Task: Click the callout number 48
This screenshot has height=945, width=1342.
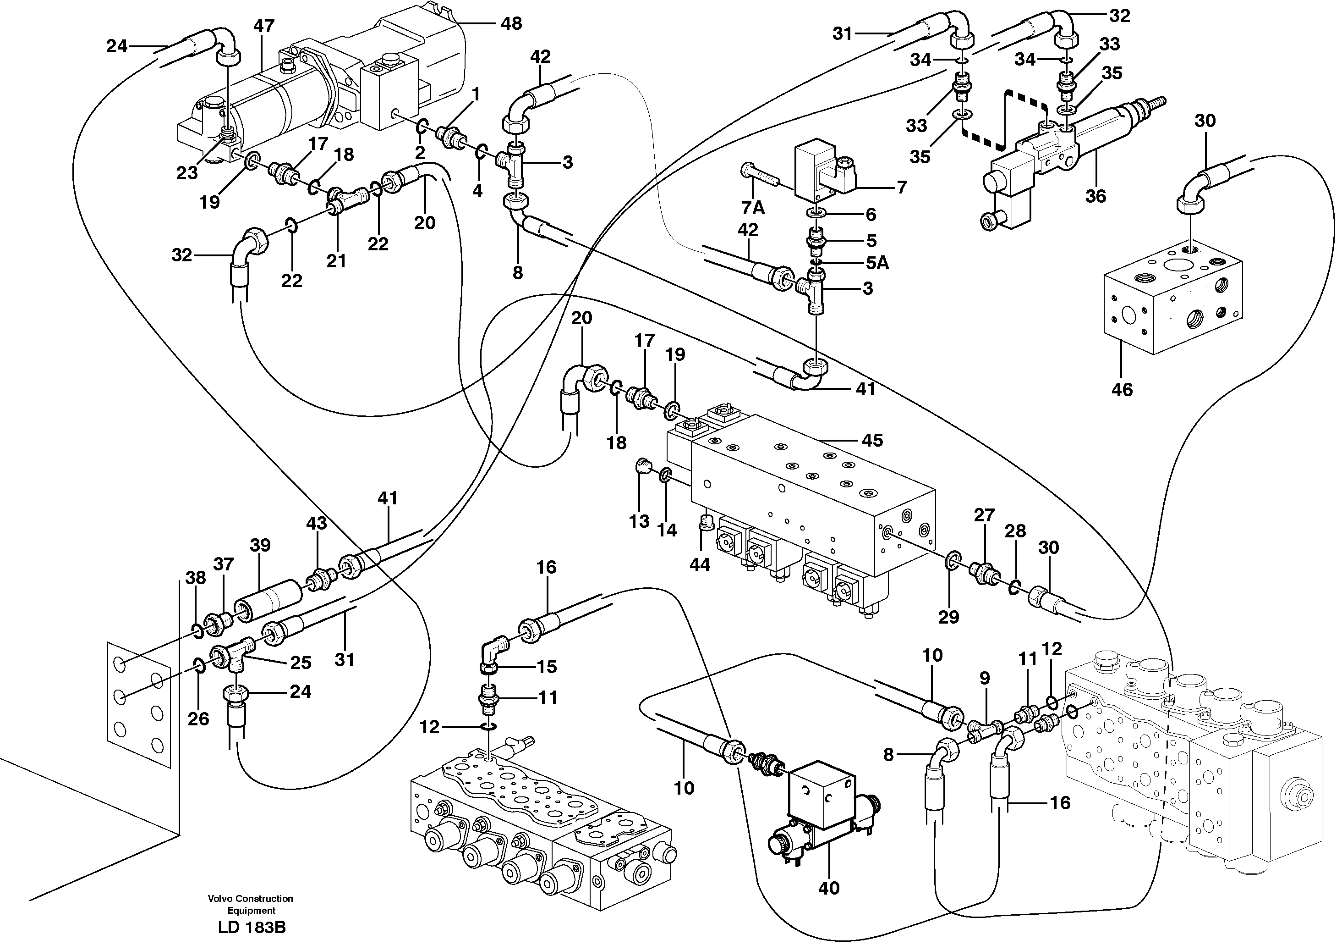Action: pos(511,24)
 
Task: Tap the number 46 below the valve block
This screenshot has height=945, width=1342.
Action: pos(1122,390)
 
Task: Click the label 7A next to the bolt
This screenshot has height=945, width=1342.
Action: pos(753,208)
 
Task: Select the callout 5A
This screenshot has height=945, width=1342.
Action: pos(877,263)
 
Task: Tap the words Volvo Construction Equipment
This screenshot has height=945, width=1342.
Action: pos(251,904)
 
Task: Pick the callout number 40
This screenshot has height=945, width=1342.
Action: pos(829,888)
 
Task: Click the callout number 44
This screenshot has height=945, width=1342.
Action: pos(700,564)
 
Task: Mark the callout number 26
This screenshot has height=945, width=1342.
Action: pos(198,718)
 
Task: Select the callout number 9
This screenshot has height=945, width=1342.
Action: pos(985,678)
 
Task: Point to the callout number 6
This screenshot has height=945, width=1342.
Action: pos(871,215)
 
